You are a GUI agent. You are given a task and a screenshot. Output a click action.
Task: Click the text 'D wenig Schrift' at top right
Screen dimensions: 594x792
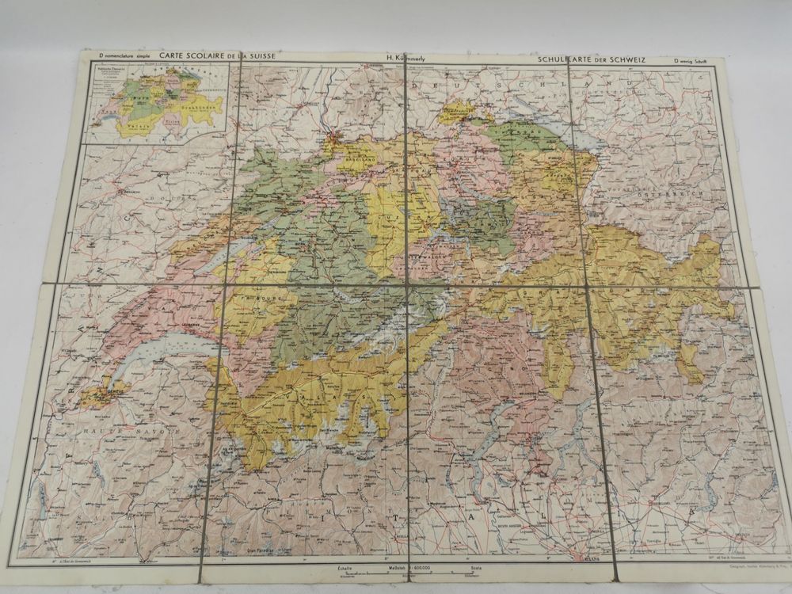695,61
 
